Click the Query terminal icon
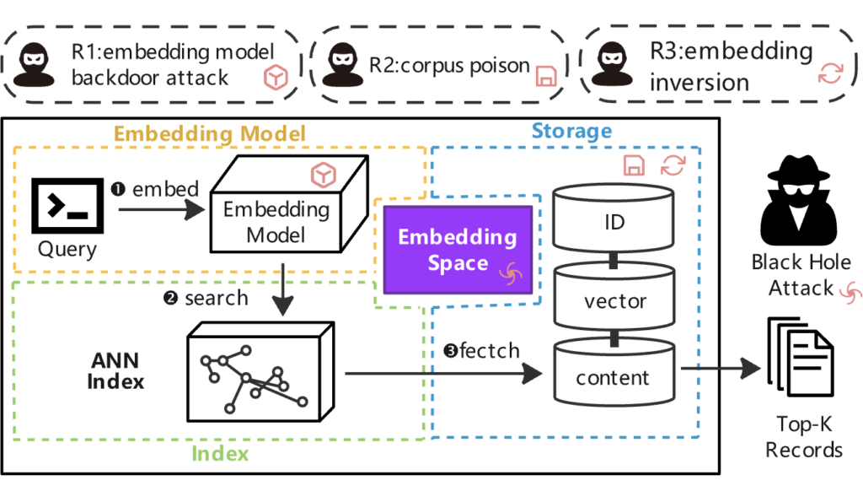(x=67, y=205)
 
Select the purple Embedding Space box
(x=458, y=250)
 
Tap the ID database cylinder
(x=614, y=219)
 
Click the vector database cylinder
(x=614, y=298)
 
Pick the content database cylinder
(x=614, y=373)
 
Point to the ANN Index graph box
(x=260, y=372)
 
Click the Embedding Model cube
(x=289, y=204)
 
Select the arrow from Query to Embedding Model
(x=162, y=209)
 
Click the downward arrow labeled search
(x=283, y=289)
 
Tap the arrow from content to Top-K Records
(x=721, y=368)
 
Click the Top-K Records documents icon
(x=801, y=357)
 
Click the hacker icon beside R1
(x=34, y=64)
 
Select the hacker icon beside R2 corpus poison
(x=342, y=64)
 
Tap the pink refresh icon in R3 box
(x=830, y=73)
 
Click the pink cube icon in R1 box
(x=276, y=77)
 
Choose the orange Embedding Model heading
(x=210, y=134)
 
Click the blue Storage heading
(x=572, y=131)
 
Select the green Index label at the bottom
(x=220, y=454)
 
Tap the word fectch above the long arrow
(x=490, y=350)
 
